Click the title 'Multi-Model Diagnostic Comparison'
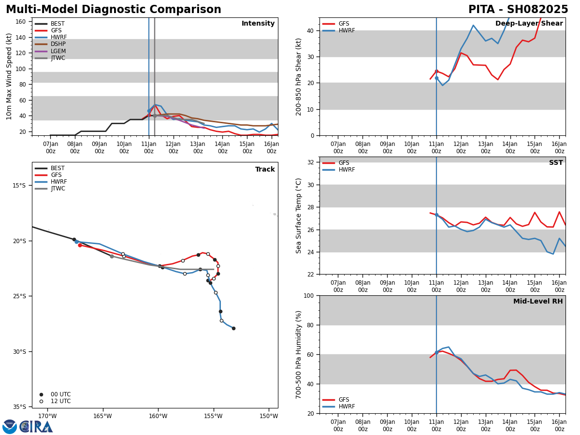coord(114,10)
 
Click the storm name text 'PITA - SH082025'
coord(518,10)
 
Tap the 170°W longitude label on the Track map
coord(47,416)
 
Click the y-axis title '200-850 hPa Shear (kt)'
coord(299,76)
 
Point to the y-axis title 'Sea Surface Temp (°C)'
coord(299,216)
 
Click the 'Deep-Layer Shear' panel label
coord(529,24)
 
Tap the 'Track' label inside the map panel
coord(265,170)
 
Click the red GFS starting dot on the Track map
coord(80,245)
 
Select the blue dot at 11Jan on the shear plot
coord(436,78)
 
